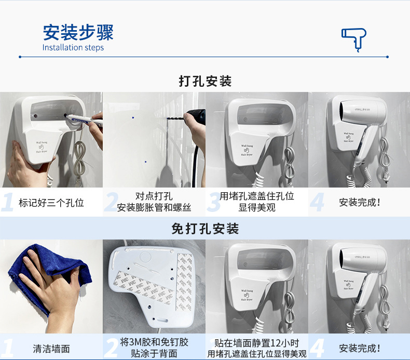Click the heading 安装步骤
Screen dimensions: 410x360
click(78, 32)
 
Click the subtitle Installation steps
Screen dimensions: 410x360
click(73, 48)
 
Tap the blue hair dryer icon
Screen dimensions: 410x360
click(353, 39)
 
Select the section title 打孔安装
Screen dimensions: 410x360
click(206, 81)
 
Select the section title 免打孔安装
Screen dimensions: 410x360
click(206, 229)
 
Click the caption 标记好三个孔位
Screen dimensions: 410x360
click(51, 203)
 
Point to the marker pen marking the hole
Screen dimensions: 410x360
click(84, 119)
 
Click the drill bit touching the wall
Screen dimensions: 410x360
click(176, 118)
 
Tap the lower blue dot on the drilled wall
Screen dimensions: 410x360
click(146, 162)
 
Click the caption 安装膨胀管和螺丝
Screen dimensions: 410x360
click(154, 208)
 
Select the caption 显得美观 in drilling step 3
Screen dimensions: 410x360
click(257, 208)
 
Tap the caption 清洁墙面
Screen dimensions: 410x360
click(51, 349)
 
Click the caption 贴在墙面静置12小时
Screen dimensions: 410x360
click(257, 343)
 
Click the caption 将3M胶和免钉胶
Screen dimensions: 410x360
click(154, 342)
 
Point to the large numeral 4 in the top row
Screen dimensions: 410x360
click(317, 202)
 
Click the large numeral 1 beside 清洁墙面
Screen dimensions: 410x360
click(8, 348)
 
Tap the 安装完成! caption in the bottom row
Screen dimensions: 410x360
click(360, 349)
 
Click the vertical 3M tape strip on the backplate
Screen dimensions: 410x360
click(185, 282)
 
